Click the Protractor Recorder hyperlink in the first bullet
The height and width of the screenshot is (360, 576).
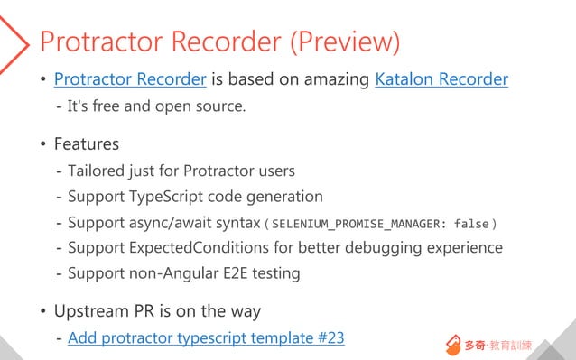click(130, 79)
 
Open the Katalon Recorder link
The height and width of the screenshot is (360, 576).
click(441, 79)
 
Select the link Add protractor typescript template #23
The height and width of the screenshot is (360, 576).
click(206, 338)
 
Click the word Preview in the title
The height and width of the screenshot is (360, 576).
click(348, 42)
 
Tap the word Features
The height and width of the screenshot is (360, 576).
click(87, 143)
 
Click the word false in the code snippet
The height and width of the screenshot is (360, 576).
click(471, 223)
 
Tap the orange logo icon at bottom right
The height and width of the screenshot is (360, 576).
click(453, 345)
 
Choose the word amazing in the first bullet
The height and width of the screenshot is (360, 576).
click(336, 79)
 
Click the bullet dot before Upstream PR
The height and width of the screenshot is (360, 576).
click(42, 312)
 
